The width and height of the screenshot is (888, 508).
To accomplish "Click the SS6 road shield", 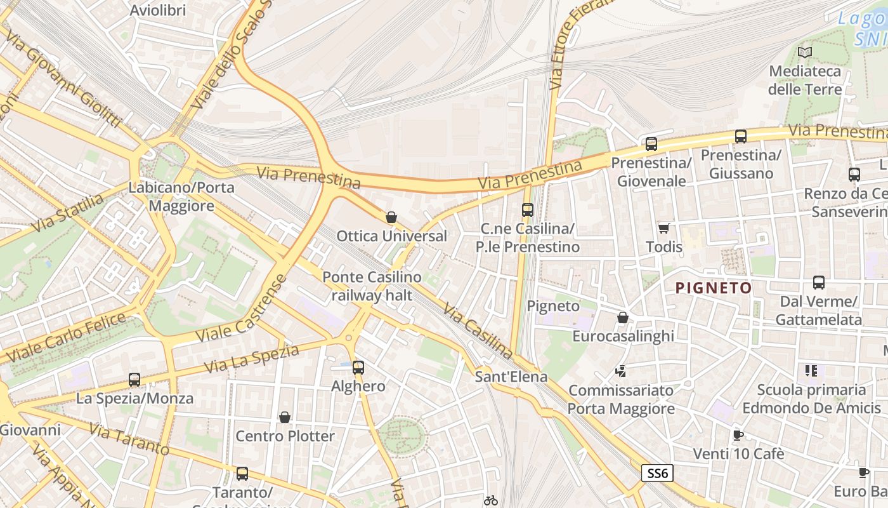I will (x=657, y=473).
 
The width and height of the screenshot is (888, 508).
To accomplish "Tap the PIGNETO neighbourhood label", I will (x=714, y=288).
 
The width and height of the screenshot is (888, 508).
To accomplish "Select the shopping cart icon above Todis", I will (x=663, y=228).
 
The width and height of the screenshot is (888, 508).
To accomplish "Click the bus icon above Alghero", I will (x=358, y=367).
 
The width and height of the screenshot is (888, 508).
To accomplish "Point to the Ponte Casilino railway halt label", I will (x=372, y=286).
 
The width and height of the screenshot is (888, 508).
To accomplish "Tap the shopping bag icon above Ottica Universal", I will (x=391, y=217).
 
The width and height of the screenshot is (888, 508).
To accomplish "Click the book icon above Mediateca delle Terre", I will (x=805, y=53).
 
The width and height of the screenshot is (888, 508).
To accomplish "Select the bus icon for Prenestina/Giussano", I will (x=740, y=136).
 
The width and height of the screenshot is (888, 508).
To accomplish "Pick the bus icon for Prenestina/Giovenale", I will (x=651, y=144).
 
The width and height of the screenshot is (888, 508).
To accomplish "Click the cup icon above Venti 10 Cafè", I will (x=738, y=436).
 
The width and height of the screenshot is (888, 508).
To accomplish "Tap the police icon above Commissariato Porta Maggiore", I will (x=621, y=371).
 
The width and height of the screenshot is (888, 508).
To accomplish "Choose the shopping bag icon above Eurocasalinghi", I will (x=623, y=317).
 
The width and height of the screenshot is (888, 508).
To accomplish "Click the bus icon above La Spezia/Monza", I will (x=134, y=380).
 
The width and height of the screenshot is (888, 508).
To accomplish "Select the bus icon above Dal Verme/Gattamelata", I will (x=819, y=283).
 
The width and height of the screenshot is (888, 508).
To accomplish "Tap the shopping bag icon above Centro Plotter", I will (x=285, y=417).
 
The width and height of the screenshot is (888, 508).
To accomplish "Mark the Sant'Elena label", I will (x=511, y=377).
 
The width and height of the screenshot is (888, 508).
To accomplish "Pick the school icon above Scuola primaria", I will (x=811, y=371).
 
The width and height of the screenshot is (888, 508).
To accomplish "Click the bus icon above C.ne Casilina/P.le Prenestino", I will (x=528, y=210).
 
